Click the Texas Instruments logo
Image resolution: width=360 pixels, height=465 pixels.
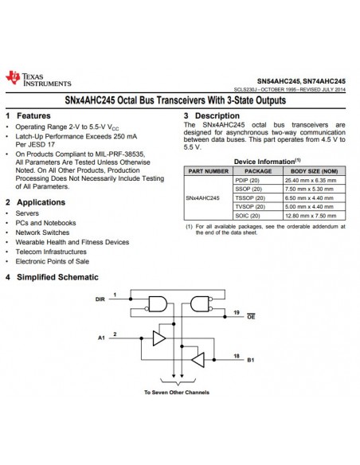click(x=37, y=78)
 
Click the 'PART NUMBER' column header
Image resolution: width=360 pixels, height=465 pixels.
click(x=208, y=171)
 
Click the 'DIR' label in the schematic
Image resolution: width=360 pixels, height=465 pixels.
click(x=100, y=299)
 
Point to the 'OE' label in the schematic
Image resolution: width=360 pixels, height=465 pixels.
click(x=250, y=316)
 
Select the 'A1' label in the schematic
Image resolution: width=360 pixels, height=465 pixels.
click(x=101, y=338)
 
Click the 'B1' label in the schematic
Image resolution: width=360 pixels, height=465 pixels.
click(x=251, y=360)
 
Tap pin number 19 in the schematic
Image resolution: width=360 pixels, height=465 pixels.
click(x=237, y=311)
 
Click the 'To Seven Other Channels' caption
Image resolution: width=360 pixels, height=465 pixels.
click(x=176, y=393)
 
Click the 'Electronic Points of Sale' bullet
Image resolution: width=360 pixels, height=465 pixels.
click(x=53, y=261)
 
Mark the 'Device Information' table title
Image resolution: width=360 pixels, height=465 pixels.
click(x=266, y=161)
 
